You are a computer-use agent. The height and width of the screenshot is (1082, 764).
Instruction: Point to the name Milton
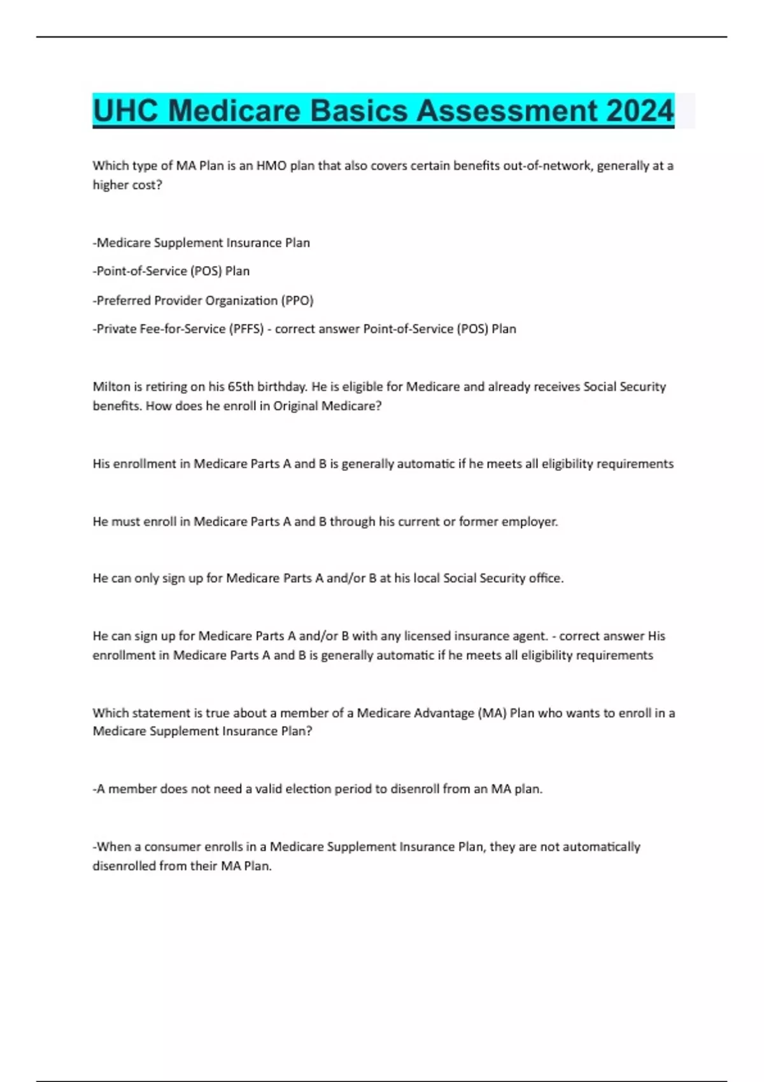(111, 386)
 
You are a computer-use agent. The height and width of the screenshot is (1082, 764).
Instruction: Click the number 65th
(241, 386)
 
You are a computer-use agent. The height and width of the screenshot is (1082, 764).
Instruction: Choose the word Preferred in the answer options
(122, 300)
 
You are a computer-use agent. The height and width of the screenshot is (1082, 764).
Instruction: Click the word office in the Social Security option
(544, 578)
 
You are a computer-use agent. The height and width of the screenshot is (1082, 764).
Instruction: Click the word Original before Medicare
(295, 406)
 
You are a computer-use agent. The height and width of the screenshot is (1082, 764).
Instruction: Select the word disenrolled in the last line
(123, 866)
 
